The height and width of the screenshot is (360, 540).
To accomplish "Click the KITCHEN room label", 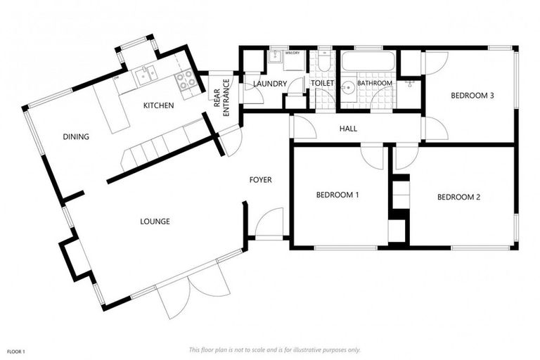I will pyautogui.click(x=158, y=105).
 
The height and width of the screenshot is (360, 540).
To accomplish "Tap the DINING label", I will pyautogui.click(x=76, y=137).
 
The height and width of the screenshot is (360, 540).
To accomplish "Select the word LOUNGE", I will pyautogui.click(x=155, y=221).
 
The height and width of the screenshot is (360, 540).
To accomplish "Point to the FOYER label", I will pyautogui.click(x=260, y=180).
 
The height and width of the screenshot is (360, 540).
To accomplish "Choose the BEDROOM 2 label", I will pyautogui.click(x=458, y=198).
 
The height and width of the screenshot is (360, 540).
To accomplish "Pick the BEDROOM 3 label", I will pyautogui.click(x=470, y=96).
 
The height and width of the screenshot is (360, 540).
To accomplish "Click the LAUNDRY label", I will pyautogui.click(x=270, y=84).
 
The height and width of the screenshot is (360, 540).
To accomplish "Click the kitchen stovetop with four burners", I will pyautogui.click(x=186, y=80).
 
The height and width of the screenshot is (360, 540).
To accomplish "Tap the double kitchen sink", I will pyautogui.click(x=147, y=72).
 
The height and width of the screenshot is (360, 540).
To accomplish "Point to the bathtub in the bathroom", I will pyautogui.click(x=368, y=61).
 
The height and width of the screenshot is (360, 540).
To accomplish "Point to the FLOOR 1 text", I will pyautogui.click(x=16, y=349).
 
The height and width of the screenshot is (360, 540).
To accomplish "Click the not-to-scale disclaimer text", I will pyautogui.click(x=275, y=349).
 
